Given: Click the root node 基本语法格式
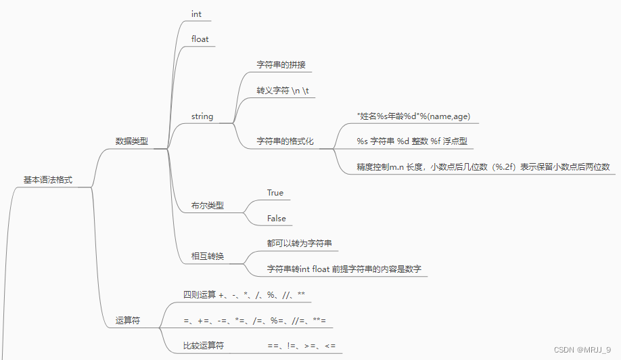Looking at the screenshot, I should coord(48,181).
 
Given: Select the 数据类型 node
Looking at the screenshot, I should coord(131,141).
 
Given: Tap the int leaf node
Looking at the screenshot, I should coord(196,14).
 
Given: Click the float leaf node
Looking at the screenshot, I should coord(200,39).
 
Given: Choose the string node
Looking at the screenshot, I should coord(202,116).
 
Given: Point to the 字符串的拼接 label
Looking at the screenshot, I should coord(284,65).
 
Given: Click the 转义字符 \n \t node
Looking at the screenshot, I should coord(283,91).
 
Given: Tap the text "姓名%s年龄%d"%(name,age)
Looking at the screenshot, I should coord(413,116).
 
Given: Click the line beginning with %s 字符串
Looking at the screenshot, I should coord(412,141).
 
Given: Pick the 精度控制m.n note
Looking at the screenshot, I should coord(483,167).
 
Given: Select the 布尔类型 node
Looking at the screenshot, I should coord(208,205).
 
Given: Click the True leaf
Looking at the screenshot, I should coord(275,193).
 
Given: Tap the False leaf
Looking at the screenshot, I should coord(277,219).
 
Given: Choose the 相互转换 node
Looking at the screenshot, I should coord(208,256).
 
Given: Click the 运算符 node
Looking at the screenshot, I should coord(128,321).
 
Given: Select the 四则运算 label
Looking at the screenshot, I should coord(200,295).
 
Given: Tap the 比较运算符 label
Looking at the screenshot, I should coord(204,346).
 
